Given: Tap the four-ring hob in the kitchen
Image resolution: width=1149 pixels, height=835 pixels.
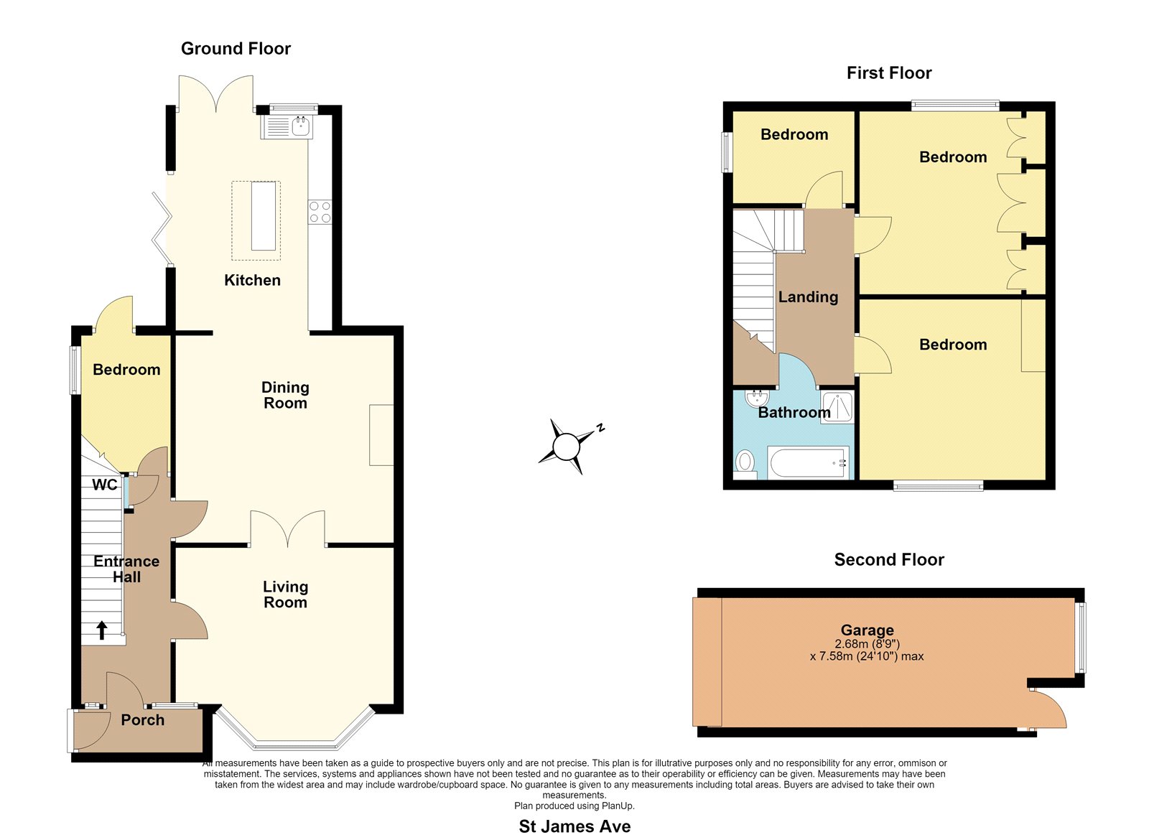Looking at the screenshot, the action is [x=320, y=212].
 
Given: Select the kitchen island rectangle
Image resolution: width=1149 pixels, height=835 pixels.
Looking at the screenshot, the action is [x=263, y=216].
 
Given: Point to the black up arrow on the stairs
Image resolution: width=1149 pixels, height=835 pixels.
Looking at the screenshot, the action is [x=101, y=630].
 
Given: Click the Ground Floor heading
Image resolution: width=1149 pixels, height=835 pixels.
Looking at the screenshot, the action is [x=236, y=48].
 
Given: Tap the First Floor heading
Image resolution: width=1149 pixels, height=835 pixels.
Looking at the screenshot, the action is [x=889, y=73].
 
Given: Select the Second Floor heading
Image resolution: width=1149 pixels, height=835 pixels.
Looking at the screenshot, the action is [x=889, y=559].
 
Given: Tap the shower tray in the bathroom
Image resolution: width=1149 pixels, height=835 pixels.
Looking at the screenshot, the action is [x=837, y=407].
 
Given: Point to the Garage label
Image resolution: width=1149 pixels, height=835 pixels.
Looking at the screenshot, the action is [x=867, y=630].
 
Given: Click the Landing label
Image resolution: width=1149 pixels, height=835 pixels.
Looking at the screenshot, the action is [x=808, y=297].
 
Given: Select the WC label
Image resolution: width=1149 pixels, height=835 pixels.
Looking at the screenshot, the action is [x=105, y=485].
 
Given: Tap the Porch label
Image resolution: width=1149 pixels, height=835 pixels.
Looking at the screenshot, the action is [x=143, y=719].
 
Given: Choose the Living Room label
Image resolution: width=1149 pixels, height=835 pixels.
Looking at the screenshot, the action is [x=285, y=594].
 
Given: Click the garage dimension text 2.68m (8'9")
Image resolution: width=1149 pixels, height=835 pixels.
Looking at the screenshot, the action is [x=867, y=644].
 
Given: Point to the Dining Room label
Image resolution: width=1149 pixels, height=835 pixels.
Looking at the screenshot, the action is [x=285, y=395].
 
